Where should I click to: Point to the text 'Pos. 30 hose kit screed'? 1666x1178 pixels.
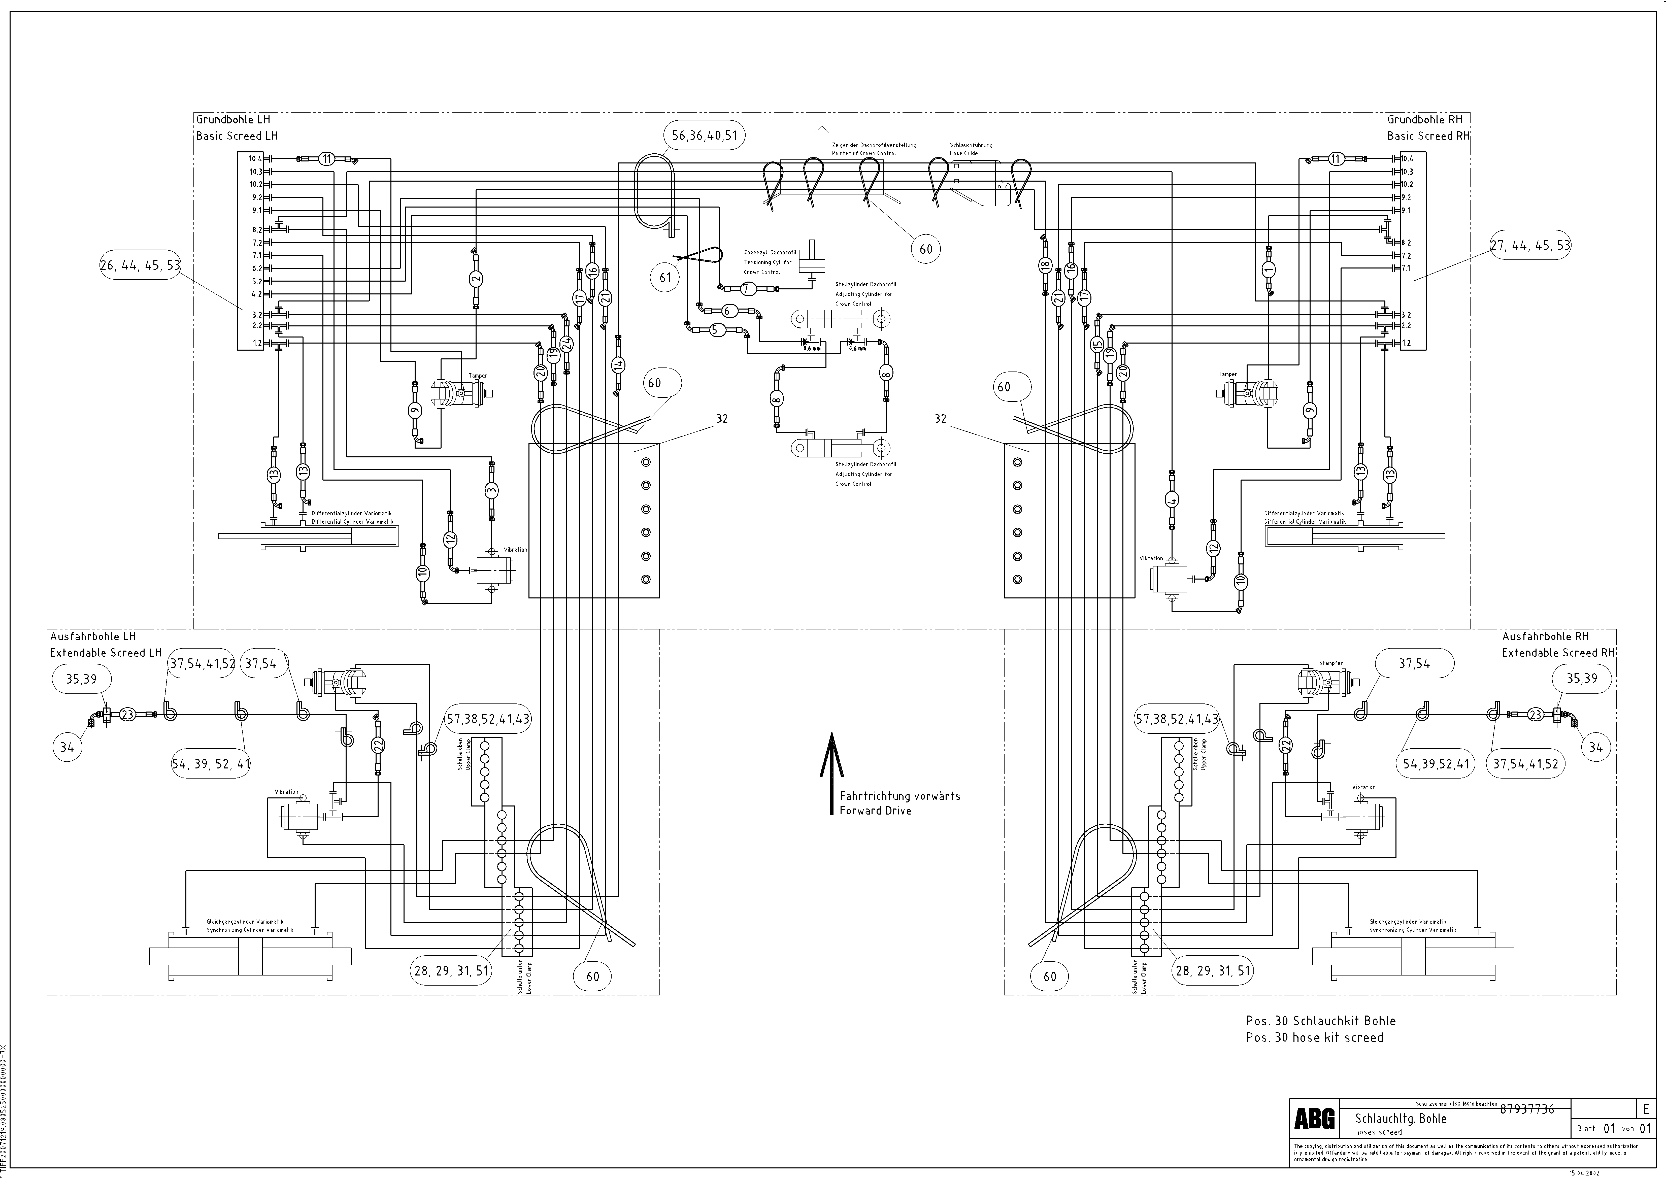[1314, 1037]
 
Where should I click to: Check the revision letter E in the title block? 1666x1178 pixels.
[1646, 1109]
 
